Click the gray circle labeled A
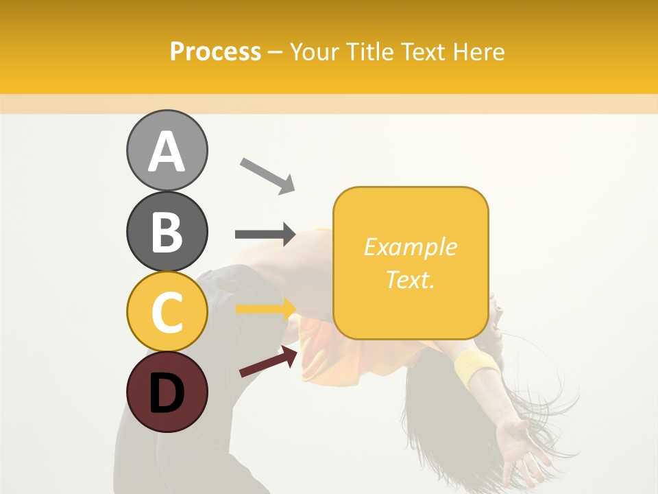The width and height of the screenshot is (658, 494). click(167, 150)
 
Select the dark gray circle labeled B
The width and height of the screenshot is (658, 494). click(167, 231)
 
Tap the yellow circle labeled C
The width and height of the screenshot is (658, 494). click(167, 311)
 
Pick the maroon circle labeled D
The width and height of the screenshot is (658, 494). click(167, 392)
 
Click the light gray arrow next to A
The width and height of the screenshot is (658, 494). click(267, 175)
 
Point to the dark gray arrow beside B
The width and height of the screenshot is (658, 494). click(265, 235)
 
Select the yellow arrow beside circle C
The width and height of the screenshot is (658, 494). click(265, 309)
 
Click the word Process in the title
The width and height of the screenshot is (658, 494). click(215, 52)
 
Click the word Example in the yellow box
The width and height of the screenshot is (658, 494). click(410, 247)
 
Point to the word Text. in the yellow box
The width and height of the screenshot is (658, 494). click(410, 279)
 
